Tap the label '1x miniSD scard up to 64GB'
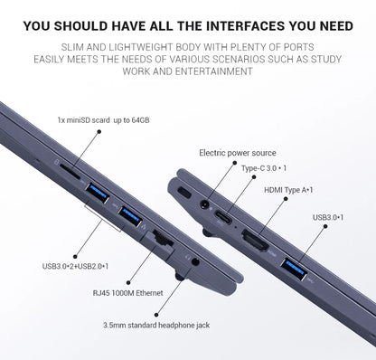[103, 120]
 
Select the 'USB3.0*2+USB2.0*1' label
[75, 266]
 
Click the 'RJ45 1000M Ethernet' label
[127, 293]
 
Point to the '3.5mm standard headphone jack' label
[156, 326]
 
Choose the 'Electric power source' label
[238, 153]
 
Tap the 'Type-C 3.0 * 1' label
[264, 168]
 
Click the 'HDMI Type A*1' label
[288, 190]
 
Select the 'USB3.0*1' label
[328, 217]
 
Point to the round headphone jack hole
[195, 261]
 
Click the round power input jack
[205, 204]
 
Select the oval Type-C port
[223, 217]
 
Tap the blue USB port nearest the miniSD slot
[97, 193]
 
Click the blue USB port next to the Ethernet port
[130, 216]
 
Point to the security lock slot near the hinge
[184, 193]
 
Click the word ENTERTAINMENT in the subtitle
[214, 71]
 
